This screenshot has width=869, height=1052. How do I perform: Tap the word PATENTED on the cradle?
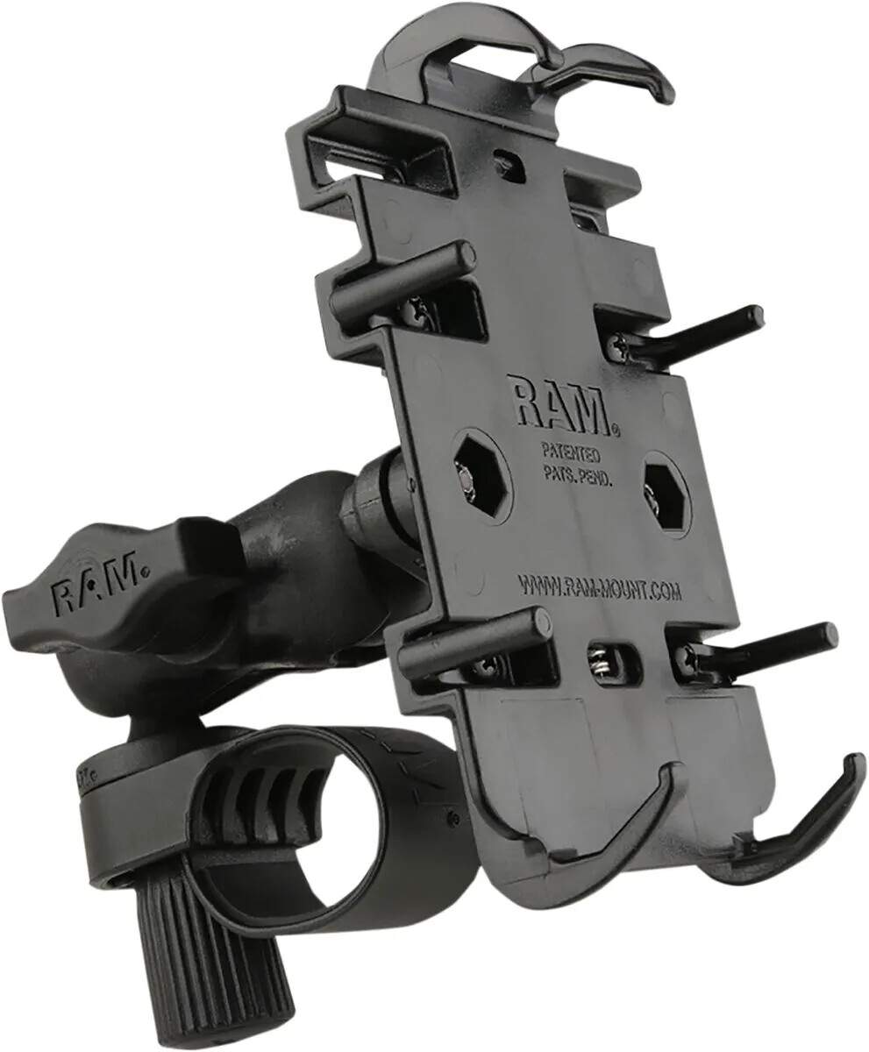(570, 455)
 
